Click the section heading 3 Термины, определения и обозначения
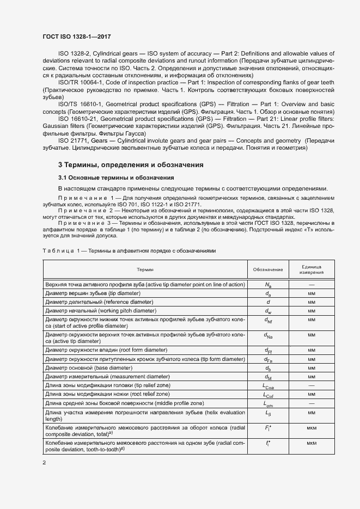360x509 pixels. (x=131, y=164)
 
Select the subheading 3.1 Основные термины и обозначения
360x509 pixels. (x=116, y=177)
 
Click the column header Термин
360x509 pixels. (x=145, y=269)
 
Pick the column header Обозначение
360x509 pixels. (x=268, y=269)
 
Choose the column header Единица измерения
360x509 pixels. (x=312, y=269)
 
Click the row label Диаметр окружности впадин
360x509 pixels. (x=106, y=349)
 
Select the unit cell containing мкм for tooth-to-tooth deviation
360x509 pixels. (x=312, y=444)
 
